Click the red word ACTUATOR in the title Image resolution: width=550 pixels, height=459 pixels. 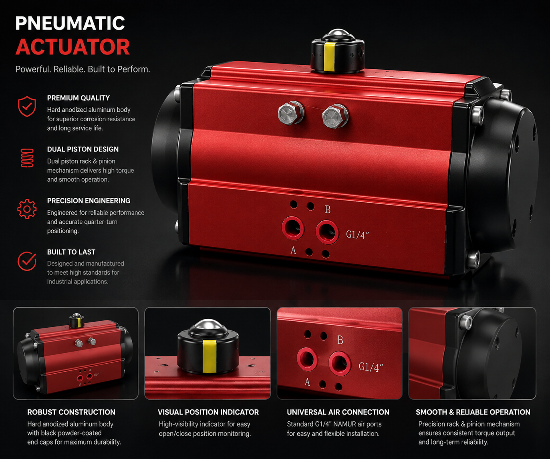pos(73,47)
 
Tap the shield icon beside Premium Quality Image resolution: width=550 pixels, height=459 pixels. pos(27,107)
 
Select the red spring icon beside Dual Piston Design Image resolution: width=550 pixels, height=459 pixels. pos(27,158)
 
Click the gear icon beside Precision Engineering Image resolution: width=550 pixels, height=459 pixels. pos(27,209)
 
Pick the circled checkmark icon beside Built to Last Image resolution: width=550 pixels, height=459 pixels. pos(27,261)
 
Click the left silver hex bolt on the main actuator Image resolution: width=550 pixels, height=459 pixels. pos(291,113)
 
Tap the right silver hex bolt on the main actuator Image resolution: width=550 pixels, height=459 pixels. pos(335,116)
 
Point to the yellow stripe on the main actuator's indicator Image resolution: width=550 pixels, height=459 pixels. pos(329,57)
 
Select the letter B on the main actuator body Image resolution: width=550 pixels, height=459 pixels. pos(328,209)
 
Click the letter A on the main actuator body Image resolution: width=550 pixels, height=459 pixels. pos(293,250)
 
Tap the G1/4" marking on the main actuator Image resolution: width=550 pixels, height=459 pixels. pos(357,235)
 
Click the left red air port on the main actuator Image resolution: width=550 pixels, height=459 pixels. pos(293,228)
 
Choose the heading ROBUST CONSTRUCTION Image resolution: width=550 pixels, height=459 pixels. pos(71,412)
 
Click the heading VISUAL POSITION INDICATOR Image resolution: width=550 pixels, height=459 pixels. pos(208,412)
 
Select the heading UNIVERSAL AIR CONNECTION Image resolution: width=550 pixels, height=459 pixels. pos(338,412)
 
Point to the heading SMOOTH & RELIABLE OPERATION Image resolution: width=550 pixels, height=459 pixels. pos(473,412)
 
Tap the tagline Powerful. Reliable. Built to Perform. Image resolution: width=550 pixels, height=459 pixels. pos(83,69)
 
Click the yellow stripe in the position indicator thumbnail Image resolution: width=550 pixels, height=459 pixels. pos(210,356)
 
